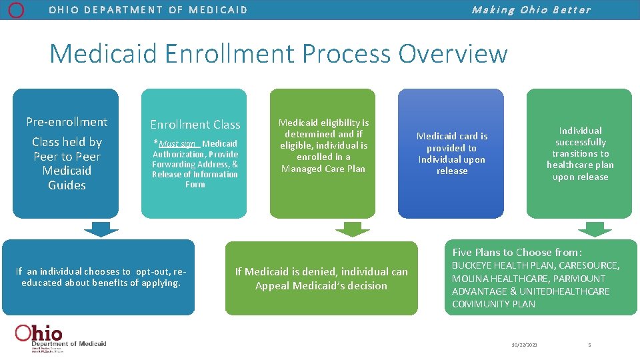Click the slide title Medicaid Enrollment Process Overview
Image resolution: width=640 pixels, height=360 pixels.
pos(279,53)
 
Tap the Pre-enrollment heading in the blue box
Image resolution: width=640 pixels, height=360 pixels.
pos(67,122)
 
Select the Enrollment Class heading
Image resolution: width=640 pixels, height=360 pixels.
pos(195,125)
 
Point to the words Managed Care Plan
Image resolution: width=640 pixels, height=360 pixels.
pos(323,169)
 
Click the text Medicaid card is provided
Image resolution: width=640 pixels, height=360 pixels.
pos(452,142)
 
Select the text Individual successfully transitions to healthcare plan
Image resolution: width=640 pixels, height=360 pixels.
pos(580,153)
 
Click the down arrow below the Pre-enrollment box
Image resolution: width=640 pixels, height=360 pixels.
pos(101,229)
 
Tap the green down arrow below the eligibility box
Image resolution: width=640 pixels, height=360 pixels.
pos(352,229)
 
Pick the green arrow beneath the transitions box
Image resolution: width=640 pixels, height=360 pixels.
pos(594,229)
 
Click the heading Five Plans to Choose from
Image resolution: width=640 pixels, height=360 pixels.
pos(517,252)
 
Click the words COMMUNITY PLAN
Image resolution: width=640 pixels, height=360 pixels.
pos(493,304)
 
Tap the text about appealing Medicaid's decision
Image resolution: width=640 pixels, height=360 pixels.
pos(321,279)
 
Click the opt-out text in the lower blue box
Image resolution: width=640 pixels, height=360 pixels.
pos(101,277)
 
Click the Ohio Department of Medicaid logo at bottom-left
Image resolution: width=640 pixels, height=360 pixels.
pos(60,337)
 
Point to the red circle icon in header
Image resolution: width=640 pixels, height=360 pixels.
pos(17,9)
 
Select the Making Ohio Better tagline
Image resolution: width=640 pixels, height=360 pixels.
pos(531,10)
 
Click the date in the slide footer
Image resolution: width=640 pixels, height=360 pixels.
pos(524,345)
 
